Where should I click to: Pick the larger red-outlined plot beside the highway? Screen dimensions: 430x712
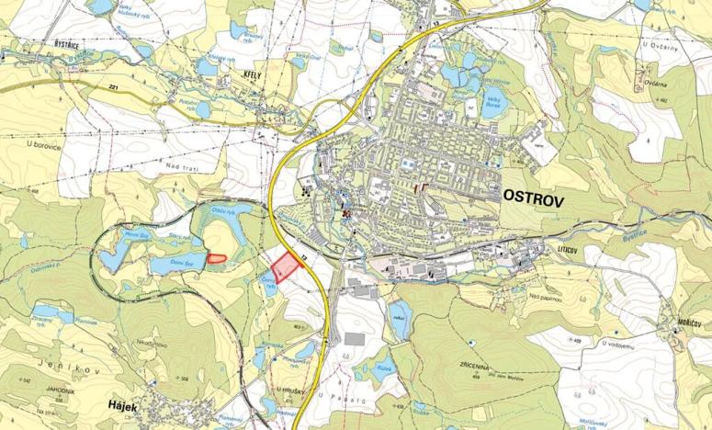[288, 265]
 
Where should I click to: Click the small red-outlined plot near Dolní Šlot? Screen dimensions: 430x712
[217, 258]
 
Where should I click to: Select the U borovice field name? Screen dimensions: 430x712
[42, 144]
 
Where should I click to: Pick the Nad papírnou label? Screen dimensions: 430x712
[547, 295]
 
